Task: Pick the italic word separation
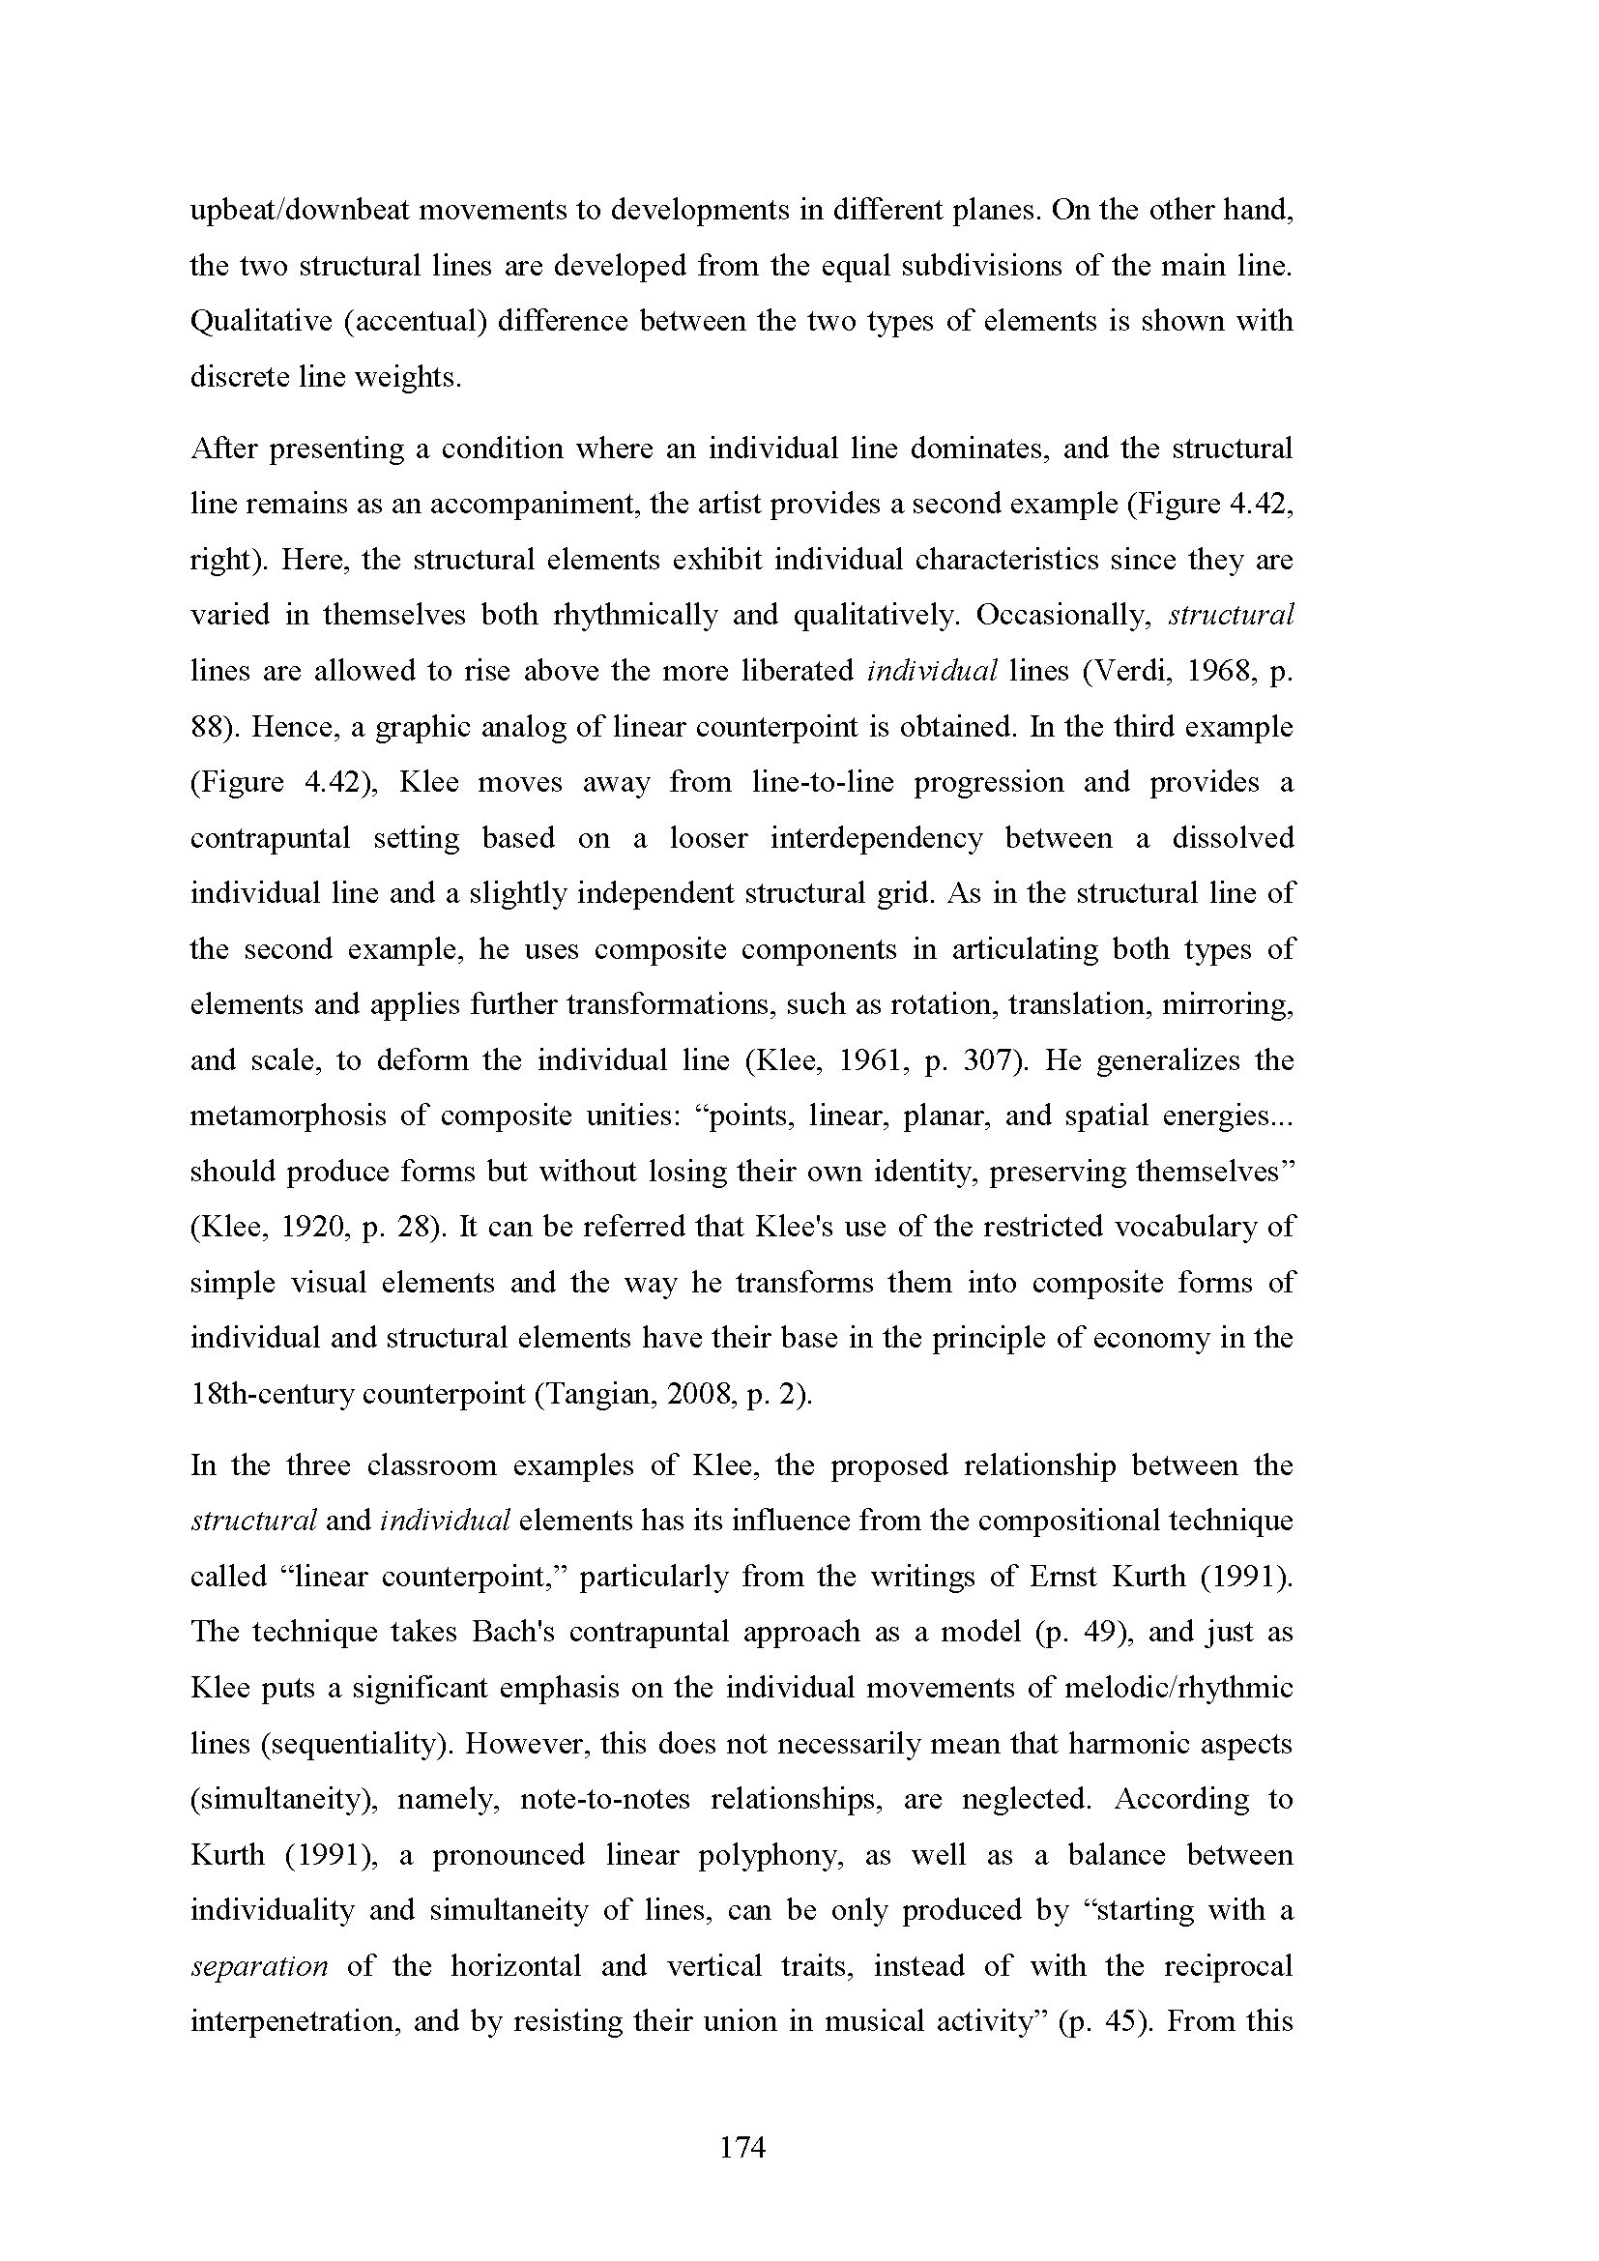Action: (x=259, y=1966)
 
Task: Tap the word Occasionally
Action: (x=1063, y=616)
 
